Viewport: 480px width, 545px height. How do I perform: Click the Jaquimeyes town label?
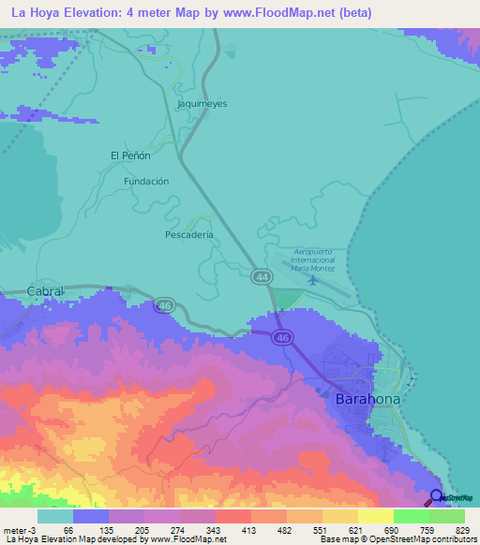point(202,104)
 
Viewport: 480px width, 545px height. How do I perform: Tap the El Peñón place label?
point(130,155)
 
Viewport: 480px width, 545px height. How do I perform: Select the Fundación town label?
point(146,181)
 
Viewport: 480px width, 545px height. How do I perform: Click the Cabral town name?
point(45,291)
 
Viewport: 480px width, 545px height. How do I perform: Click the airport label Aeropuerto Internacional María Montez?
point(313,260)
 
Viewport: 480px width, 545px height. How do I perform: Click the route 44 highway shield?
point(262,276)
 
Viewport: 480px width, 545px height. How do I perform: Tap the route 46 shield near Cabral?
point(164,305)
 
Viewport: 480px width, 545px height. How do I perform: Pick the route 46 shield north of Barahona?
point(282,337)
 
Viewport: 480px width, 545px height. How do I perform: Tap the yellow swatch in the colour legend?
point(375,517)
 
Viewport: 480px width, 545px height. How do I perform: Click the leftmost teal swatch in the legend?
point(54,517)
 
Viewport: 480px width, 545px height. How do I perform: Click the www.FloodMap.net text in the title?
point(287,13)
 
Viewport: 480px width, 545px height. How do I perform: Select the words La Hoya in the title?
point(33,13)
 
